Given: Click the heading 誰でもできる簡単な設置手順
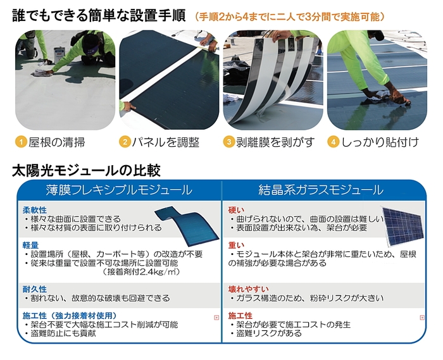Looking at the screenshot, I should coord(99,15).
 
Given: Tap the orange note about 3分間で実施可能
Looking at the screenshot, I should coord(290,16).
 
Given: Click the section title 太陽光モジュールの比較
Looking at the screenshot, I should coord(87,170).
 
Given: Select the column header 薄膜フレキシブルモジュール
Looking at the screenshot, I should coord(120,189).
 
